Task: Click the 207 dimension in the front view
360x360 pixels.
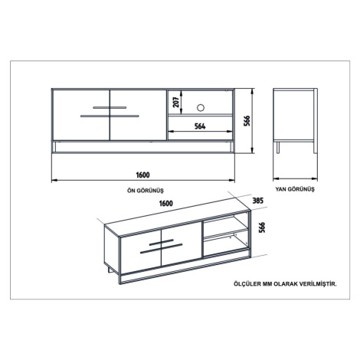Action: (176, 103)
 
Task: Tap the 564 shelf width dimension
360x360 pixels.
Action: (200, 126)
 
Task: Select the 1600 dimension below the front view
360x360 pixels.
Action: (142, 175)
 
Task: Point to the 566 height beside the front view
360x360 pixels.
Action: (247, 121)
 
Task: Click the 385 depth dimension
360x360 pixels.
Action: (257, 201)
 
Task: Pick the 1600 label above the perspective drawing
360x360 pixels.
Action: (166, 203)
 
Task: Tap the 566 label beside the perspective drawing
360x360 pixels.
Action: (262, 227)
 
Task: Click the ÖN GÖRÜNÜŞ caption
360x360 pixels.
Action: (146, 191)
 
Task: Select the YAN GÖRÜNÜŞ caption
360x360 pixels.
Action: (295, 189)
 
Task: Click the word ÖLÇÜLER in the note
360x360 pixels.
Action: (247, 284)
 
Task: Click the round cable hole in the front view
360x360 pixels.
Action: (201, 107)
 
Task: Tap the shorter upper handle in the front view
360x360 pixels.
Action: (110, 107)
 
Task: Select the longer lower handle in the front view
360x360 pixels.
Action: (110, 116)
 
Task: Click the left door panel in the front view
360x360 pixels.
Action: (81, 115)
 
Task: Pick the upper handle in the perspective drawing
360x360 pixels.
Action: (162, 242)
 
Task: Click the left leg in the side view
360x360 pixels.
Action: (278, 148)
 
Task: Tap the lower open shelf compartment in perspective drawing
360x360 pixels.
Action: (226, 244)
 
